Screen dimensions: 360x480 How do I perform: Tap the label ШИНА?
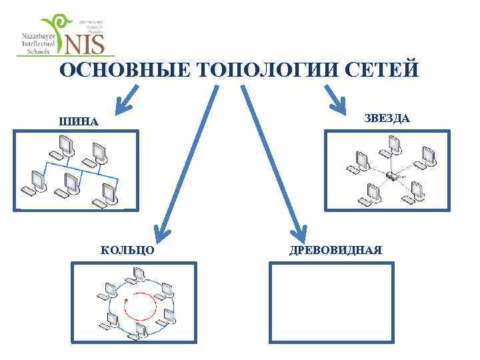pos(79,122)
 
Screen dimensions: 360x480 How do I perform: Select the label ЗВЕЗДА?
pos(387,118)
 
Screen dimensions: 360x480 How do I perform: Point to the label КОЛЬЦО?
pos(128,250)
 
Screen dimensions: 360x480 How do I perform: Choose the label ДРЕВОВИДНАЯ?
pos(335,250)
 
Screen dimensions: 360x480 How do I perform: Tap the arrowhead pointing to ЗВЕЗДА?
pos(338,104)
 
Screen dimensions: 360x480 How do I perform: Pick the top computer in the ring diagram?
pos(140,273)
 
